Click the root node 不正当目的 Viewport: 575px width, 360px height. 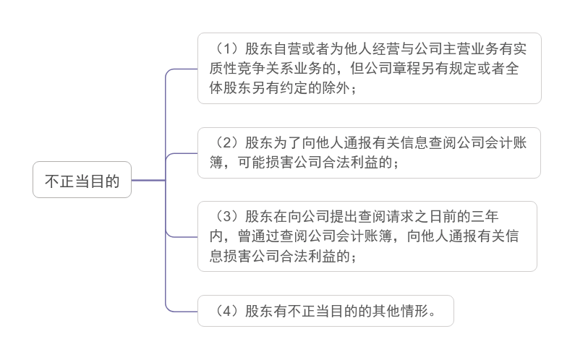coord(82,180)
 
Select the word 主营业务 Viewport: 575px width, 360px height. coord(471,48)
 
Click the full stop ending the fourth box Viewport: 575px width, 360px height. coord(433,314)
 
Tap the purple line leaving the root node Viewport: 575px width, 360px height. coord(148,180)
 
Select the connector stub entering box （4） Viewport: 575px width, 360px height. coord(182,312)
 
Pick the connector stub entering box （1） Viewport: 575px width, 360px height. coord(182,69)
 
